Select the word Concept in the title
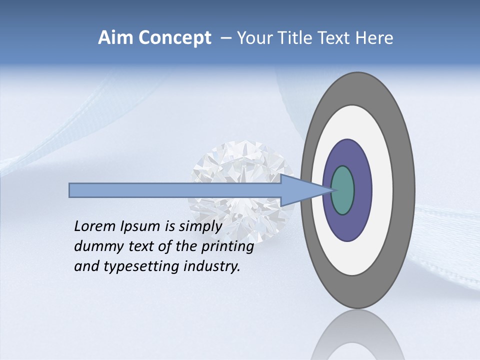(174, 38)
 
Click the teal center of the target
(342, 190)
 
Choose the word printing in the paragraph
(227, 246)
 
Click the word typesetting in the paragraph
(142, 266)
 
